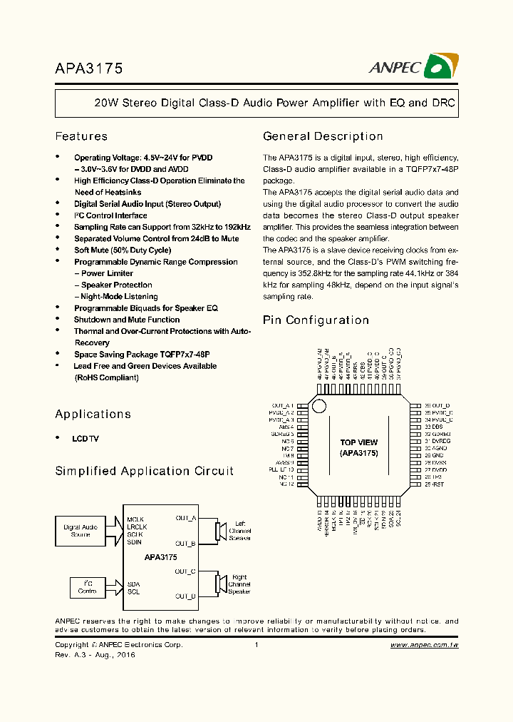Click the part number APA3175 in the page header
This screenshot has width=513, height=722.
click(89, 68)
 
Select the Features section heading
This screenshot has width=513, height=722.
click(81, 136)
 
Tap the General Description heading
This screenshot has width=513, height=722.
click(323, 136)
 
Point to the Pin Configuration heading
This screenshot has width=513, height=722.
click(316, 320)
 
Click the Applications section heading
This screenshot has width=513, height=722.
click(93, 414)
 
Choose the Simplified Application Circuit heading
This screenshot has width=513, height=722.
click(144, 471)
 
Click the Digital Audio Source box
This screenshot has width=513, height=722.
click(80, 530)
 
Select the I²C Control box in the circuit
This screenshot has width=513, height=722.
click(88, 586)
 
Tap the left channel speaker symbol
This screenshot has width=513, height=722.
click(220, 532)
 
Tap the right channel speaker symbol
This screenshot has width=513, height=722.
click(220, 583)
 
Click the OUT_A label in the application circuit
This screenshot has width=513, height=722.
click(185, 518)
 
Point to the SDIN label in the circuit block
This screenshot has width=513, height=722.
click(135, 542)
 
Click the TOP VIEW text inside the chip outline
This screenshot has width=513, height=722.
click(358, 442)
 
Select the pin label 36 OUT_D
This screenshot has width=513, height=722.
click(438, 405)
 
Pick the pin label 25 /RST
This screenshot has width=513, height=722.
click(435, 484)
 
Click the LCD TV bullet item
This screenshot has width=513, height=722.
click(85, 439)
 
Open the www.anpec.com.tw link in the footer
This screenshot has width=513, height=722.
click(424, 645)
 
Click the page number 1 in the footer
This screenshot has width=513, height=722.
click(256, 645)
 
